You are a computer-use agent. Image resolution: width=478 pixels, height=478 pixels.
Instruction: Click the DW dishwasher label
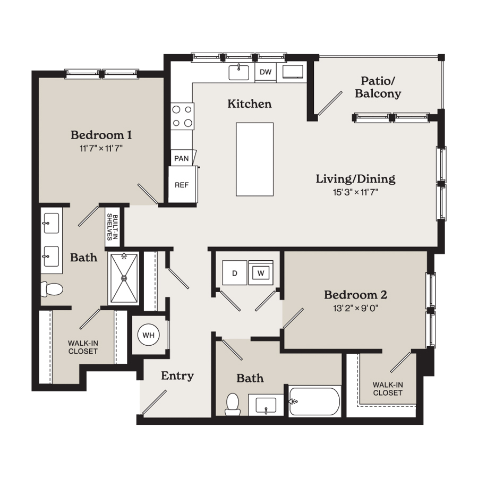(x=266, y=72)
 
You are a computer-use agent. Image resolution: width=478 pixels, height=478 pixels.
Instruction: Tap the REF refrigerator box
(x=183, y=184)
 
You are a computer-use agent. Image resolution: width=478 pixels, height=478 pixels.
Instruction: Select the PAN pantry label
(x=182, y=158)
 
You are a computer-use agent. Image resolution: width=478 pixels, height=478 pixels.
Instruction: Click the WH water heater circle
(x=149, y=335)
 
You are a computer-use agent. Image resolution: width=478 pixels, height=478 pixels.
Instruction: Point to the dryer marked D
(x=234, y=273)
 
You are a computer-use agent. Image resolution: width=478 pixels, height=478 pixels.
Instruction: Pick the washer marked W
(x=261, y=273)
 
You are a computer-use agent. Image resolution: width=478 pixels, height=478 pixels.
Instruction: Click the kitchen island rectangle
(x=254, y=159)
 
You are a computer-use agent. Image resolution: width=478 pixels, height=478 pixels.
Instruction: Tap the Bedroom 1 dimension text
(x=101, y=149)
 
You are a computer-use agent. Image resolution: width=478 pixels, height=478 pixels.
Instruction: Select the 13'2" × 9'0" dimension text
(x=355, y=308)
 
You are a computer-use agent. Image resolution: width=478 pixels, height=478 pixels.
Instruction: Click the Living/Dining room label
(x=355, y=178)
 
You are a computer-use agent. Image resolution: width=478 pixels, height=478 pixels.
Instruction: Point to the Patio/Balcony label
(x=378, y=87)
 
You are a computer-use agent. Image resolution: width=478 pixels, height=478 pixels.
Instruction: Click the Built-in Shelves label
(x=112, y=227)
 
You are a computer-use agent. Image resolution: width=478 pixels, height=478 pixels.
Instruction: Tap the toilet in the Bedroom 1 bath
(x=52, y=289)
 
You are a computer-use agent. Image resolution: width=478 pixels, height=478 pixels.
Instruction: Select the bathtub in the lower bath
(x=314, y=401)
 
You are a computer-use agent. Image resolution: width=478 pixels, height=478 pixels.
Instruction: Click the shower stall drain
(x=124, y=278)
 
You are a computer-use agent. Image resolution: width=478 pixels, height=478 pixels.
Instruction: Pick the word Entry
(x=177, y=376)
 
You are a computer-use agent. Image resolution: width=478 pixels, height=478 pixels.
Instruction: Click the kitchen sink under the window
(x=238, y=72)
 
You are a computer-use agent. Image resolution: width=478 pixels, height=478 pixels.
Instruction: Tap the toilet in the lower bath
(x=233, y=404)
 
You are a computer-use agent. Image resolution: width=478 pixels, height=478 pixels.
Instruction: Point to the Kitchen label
(x=250, y=104)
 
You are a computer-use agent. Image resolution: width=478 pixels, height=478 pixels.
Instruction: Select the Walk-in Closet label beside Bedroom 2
(x=388, y=389)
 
